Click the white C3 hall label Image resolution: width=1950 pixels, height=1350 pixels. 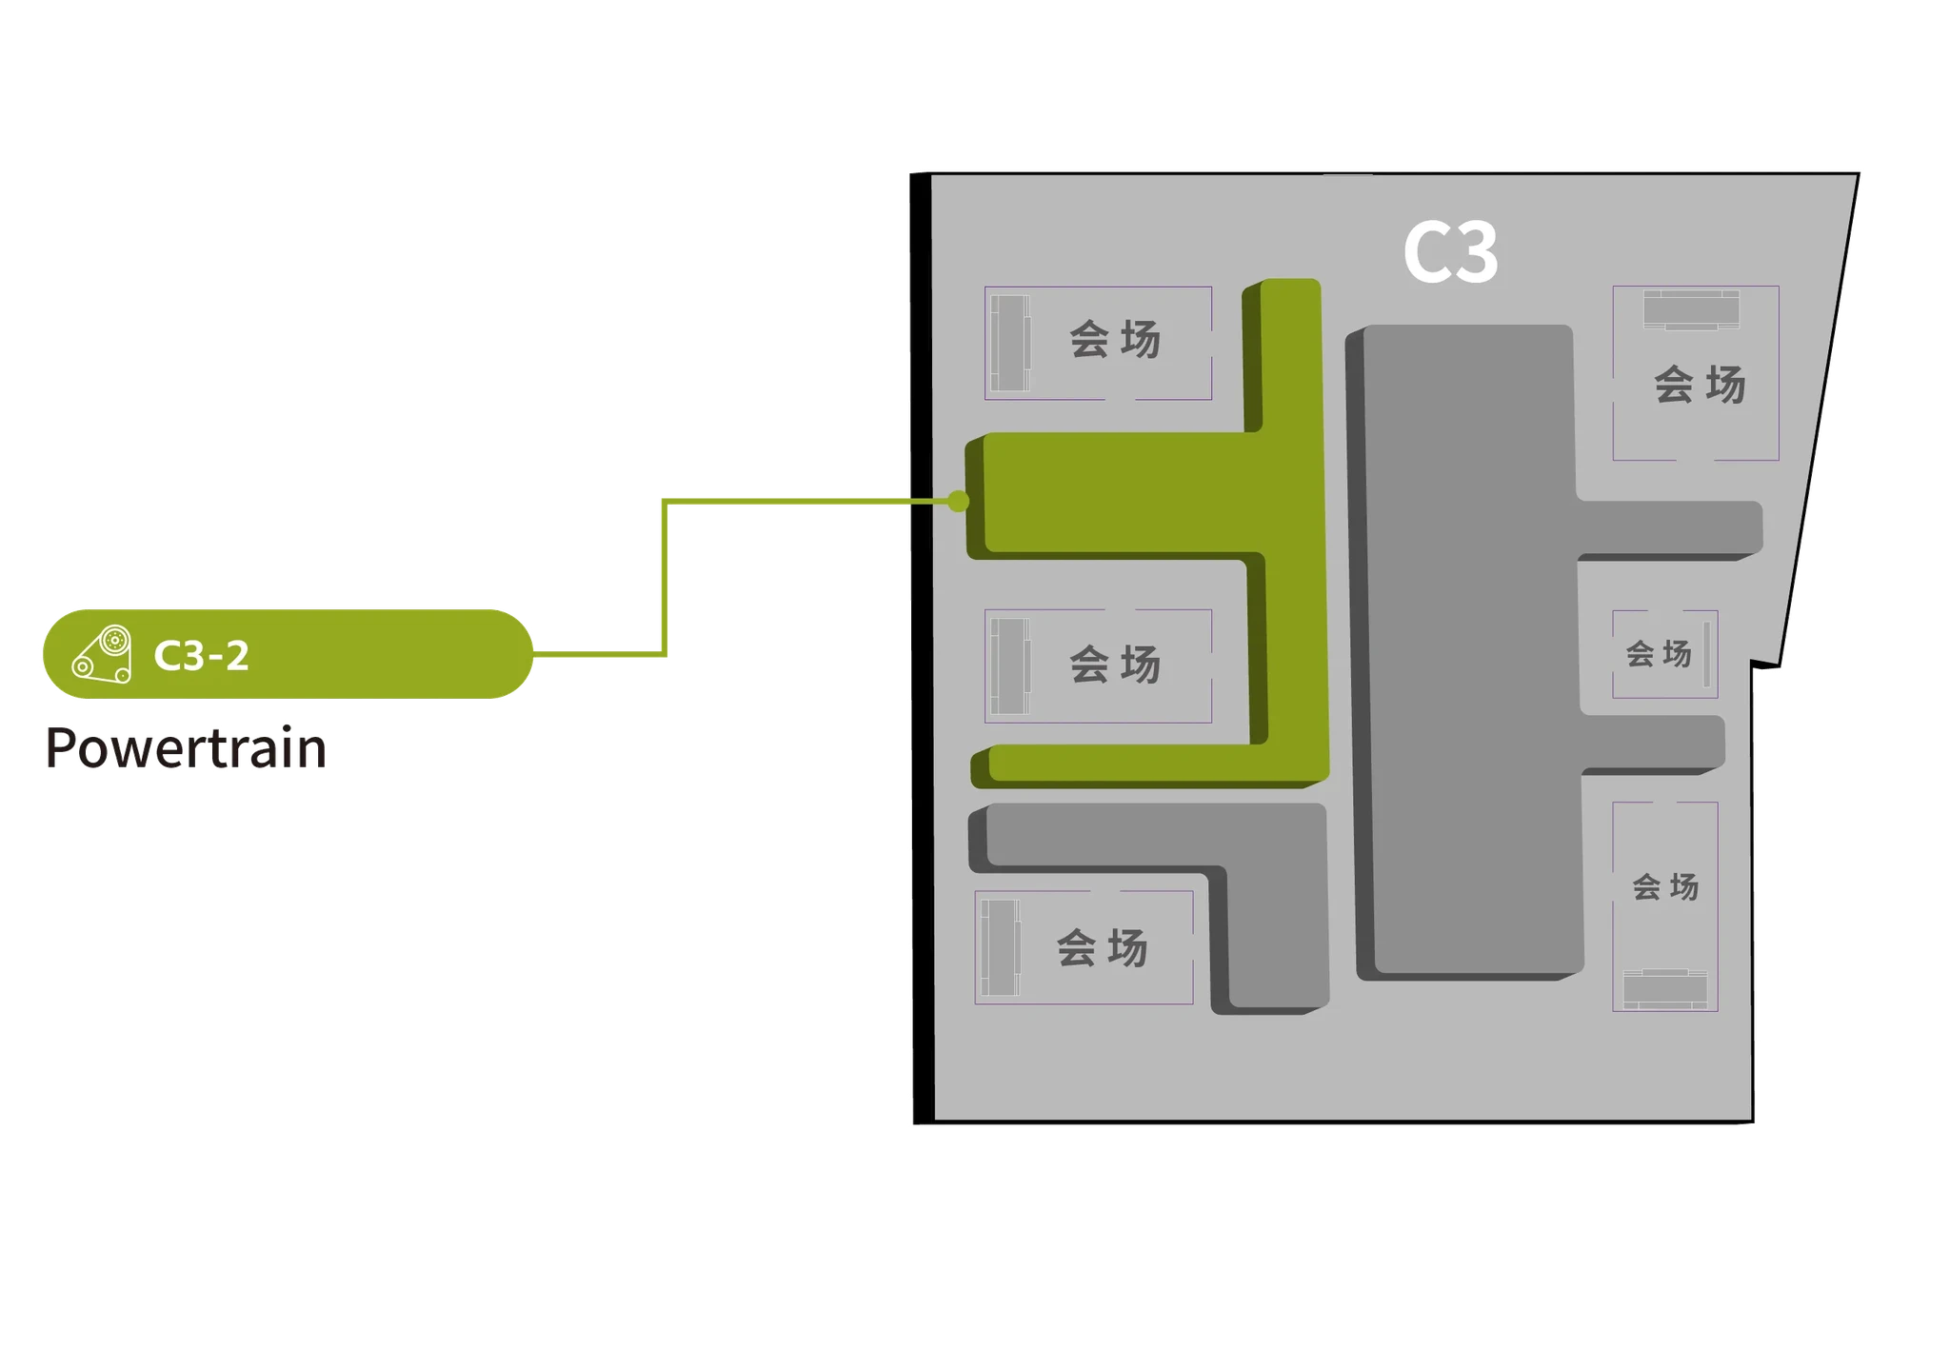[x=1450, y=252]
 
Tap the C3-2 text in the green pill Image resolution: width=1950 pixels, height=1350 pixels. [x=202, y=655]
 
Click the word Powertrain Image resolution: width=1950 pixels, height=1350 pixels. [x=186, y=747]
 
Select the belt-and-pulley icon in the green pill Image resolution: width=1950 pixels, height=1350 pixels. [x=102, y=654]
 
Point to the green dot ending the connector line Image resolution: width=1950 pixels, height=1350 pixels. [x=959, y=501]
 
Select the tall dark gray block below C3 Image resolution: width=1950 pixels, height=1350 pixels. [x=1466, y=647]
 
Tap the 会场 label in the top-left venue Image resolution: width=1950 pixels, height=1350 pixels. [x=1115, y=339]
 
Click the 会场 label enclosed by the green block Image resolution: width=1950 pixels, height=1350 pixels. [x=1115, y=664]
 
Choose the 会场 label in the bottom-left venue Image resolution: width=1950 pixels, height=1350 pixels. [x=1103, y=947]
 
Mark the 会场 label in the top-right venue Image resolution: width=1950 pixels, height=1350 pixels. [x=1700, y=385]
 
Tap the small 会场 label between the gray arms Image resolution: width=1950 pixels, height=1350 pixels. [x=1659, y=653]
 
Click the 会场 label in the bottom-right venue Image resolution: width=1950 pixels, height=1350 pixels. [x=1665, y=886]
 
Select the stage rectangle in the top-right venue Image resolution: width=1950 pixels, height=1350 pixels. [x=1691, y=309]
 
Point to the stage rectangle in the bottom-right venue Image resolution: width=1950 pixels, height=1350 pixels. [x=1665, y=989]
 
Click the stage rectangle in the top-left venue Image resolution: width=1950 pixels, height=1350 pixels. [x=1010, y=343]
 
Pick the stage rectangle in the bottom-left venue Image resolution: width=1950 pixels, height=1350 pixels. [x=1001, y=947]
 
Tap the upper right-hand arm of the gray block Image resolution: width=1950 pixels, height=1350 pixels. [x=1669, y=529]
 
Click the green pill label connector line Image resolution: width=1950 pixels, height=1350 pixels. [x=665, y=577]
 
